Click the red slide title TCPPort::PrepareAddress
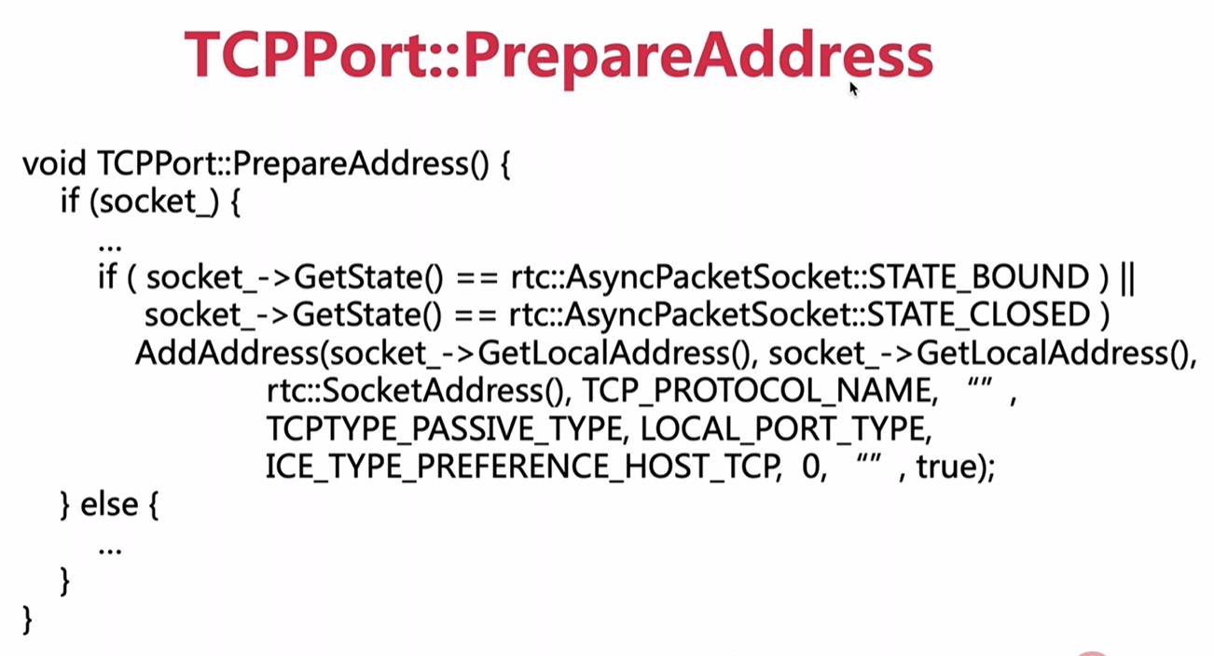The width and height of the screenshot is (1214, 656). pyautogui.click(x=558, y=55)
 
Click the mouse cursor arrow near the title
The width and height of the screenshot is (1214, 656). pyautogui.click(x=852, y=89)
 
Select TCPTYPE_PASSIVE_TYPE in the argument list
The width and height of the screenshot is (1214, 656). pyautogui.click(x=443, y=427)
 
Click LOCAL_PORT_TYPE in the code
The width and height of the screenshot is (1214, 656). pyautogui.click(x=786, y=427)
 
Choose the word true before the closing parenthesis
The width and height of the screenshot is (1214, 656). pyautogui.click(x=945, y=466)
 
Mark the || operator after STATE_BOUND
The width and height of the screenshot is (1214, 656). pyautogui.click(x=1125, y=277)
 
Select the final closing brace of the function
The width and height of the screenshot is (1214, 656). pyautogui.click(x=27, y=618)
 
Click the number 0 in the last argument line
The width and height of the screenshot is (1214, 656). pyautogui.click(x=811, y=466)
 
